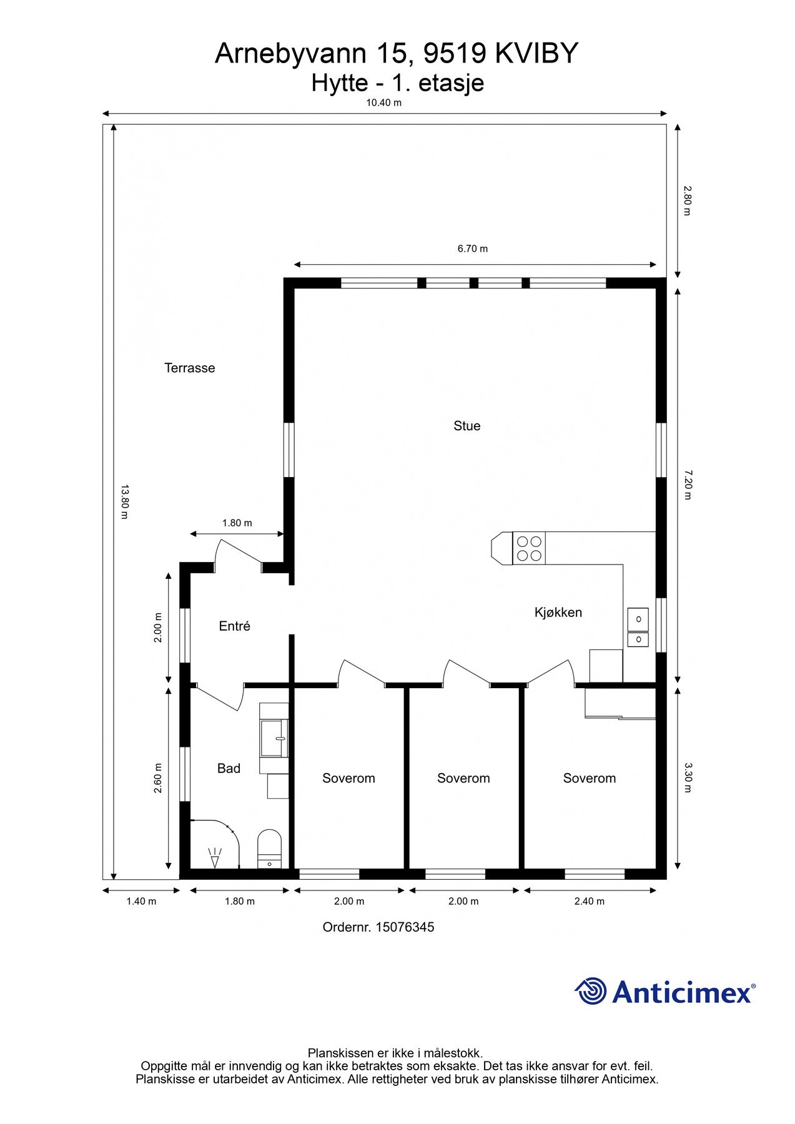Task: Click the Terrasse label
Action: pos(189,368)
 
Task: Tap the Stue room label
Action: pos(467,426)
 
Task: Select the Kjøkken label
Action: pos(558,613)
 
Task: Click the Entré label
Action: pos(234,626)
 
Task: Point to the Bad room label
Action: pos(229,769)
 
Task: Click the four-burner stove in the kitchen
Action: pos(529,548)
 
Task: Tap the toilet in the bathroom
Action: pos(270,849)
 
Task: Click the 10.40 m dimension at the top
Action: pos(383,103)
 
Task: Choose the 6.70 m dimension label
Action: pos(473,249)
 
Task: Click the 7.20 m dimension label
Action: pos(687,485)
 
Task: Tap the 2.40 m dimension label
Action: pos(589,901)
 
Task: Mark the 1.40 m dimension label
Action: pos(141,901)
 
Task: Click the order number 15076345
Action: pos(404,927)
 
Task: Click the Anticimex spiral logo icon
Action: pos(591,991)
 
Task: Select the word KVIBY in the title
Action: pos(536,54)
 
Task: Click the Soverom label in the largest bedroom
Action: pos(589,778)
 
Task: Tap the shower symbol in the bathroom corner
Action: pos(215,857)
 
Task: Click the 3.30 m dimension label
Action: pos(687,777)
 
